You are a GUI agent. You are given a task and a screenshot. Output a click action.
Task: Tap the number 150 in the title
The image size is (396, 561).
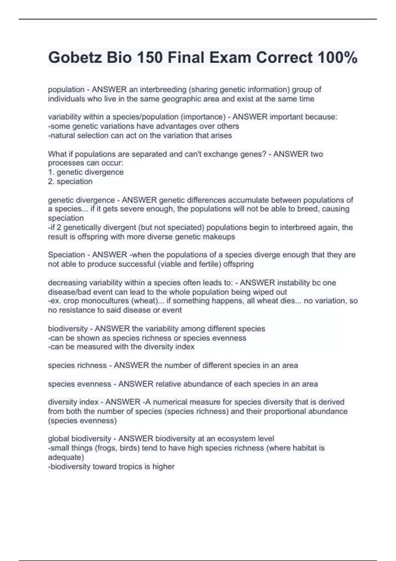coord(149,58)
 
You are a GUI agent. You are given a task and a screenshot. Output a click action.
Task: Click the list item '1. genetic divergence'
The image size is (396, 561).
coord(86,172)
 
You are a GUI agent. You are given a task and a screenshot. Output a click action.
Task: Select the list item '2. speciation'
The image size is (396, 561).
coord(70,181)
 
